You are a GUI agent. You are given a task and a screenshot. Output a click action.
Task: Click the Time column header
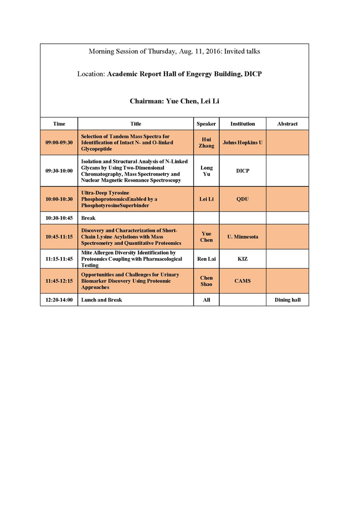(x=59, y=124)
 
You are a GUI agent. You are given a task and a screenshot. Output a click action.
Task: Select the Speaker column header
(x=206, y=124)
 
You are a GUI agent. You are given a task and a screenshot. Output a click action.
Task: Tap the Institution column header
(x=243, y=124)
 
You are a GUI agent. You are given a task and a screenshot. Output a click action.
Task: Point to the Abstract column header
(x=287, y=124)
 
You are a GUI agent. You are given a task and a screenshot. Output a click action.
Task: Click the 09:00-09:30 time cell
(x=59, y=142)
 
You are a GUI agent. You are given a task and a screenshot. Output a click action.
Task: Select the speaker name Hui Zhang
(x=206, y=142)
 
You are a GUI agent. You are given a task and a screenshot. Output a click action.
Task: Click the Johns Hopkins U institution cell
(x=243, y=142)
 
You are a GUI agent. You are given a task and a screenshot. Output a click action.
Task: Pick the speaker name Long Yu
(x=206, y=171)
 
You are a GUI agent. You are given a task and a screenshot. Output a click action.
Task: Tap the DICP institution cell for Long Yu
(x=243, y=171)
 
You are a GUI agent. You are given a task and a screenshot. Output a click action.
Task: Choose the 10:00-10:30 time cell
(x=59, y=199)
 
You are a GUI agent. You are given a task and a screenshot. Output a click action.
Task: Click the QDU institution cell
(x=243, y=199)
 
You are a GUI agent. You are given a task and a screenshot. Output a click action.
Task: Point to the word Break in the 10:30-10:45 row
(x=89, y=218)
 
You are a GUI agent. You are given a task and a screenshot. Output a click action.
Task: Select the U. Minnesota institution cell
(x=243, y=236)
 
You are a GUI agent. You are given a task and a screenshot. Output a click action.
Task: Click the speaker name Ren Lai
(x=206, y=259)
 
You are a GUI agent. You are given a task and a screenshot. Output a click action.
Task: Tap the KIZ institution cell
(x=243, y=259)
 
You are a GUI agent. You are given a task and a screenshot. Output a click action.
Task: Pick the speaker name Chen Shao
(x=206, y=281)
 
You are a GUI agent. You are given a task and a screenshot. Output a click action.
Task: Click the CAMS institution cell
(x=243, y=281)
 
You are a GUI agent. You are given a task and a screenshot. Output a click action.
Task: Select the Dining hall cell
(x=287, y=300)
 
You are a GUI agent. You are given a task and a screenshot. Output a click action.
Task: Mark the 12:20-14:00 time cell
(x=59, y=300)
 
